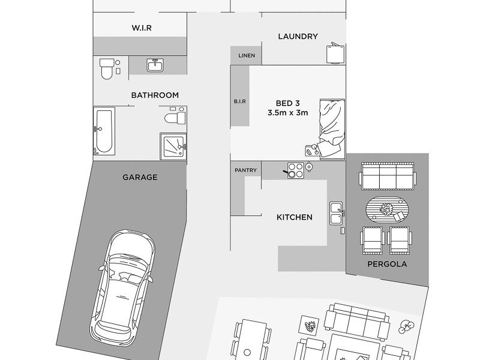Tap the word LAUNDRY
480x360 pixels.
(298, 37)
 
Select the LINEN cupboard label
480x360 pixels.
(247, 56)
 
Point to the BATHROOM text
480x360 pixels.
(155, 95)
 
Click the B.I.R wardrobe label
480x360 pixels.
(240, 102)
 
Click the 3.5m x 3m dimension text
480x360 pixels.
(287, 113)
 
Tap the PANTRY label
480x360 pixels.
(246, 170)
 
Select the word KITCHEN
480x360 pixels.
(294, 217)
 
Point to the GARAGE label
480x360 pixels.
(140, 177)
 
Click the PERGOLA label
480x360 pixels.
(387, 263)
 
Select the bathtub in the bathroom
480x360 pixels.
(104, 131)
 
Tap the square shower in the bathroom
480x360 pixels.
(173, 146)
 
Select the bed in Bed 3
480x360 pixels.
(331, 127)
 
